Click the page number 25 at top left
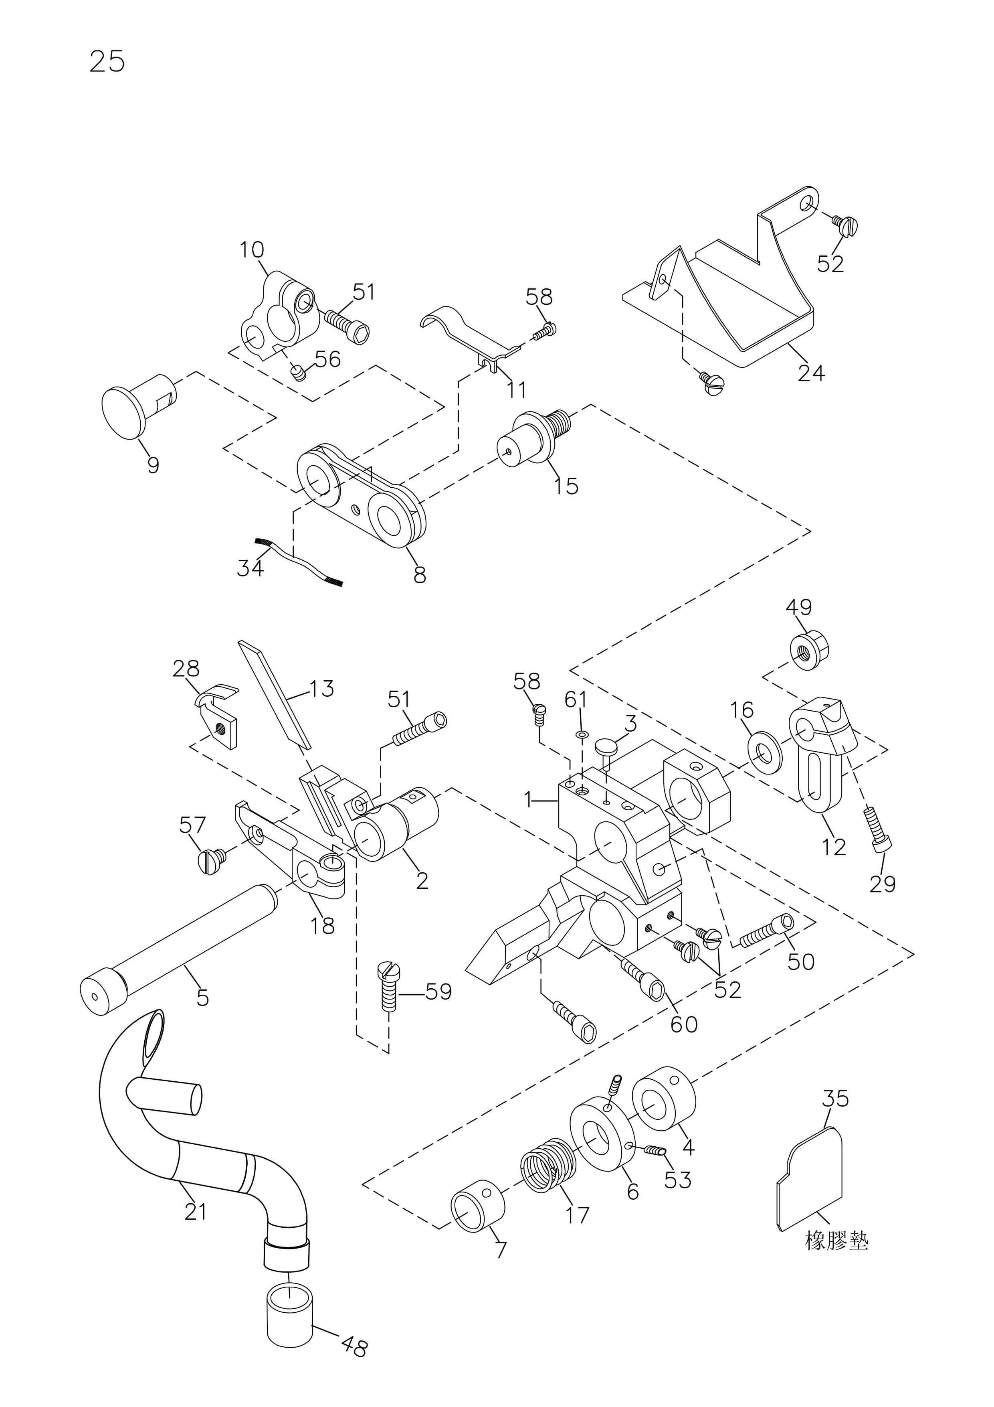click(x=107, y=61)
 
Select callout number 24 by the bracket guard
click(x=811, y=373)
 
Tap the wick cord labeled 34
click(x=298, y=560)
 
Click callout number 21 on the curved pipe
click(x=195, y=1212)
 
